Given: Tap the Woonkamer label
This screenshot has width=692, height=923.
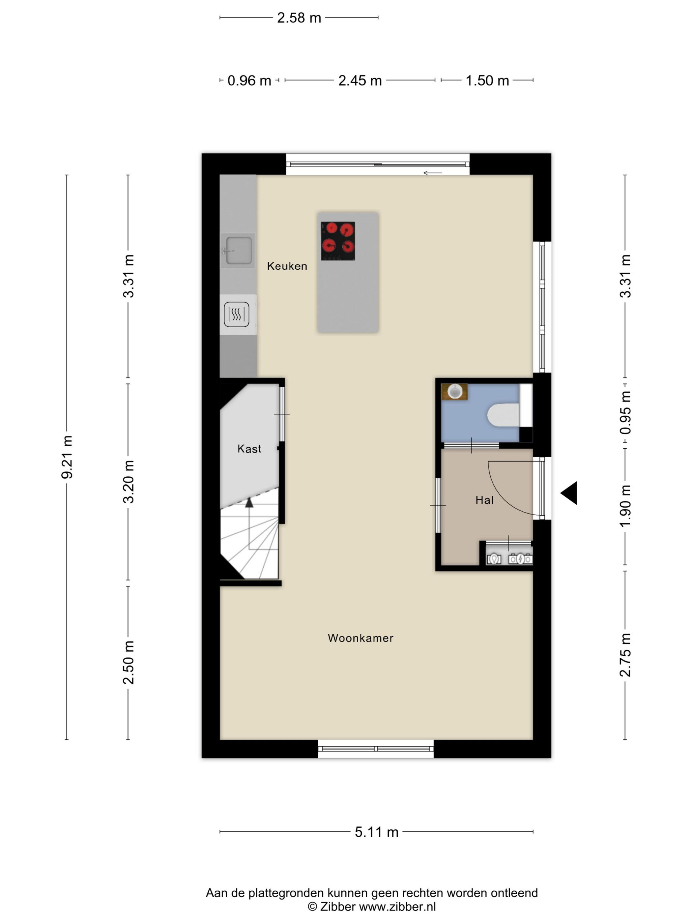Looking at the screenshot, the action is click(360, 638).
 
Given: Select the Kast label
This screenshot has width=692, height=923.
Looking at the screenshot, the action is click(249, 449).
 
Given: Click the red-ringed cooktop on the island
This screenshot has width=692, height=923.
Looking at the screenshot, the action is click(338, 241).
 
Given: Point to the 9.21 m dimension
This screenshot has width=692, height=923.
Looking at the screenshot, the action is click(67, 457).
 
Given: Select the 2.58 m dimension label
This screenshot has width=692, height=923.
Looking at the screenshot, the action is click(299, 18).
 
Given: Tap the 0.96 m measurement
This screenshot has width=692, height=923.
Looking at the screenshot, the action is click(249, 80).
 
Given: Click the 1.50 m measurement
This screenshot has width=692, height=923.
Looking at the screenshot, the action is click(487, 80).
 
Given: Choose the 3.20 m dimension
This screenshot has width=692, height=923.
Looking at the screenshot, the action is click(129, 482).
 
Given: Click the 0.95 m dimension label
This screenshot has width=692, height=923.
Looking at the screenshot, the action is click(625, 413).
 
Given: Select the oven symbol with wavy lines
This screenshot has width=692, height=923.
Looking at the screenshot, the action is click(237, 314).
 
